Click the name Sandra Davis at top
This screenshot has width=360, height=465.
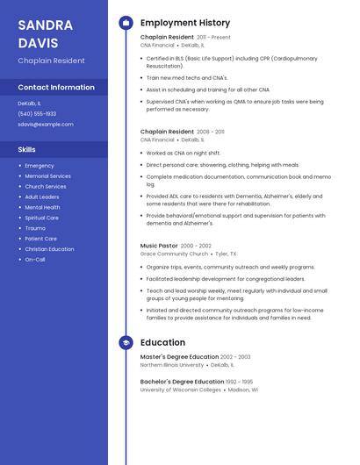pyautogui.click(x=45, y=33)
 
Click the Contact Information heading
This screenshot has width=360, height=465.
pyautogui.click(x=56, y=87)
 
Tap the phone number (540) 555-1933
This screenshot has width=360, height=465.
pyautogui.click(x=37, y=114)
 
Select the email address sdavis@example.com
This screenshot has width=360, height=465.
pyautogui.click(x=46, y=125)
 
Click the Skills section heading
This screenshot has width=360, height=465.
pyautogui.click(x=27, y=149)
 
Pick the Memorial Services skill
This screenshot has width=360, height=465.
pyautogui.click(x=47, y=175)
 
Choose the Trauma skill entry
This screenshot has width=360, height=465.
pyautogui.click(x=35, y=228)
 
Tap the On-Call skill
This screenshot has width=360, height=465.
pyautogui.click(x=35, y=259)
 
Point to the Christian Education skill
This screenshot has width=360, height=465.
pyautogui.click(x=49, y=248)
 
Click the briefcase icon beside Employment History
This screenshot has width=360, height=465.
pyautogui.click(x=126, y=23)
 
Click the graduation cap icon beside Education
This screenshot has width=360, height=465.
pyautogui.click(x=126, y=343)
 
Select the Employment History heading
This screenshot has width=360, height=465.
pyautogui.click(x=185, y=23)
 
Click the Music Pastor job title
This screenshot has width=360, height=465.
pyautogui.click(x=159, y=246)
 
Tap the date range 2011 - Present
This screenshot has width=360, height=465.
pyautogui.click(x=213, y=38)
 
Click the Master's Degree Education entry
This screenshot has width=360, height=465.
pyautogui.click(x=179, y=357)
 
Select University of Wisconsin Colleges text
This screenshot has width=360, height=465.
pyautogui.click(x=181, y=390)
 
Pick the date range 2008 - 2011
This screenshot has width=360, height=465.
pyautogui.click(x=211, y=132)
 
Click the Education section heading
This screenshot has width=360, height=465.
pyautogui.click(x=162, y=343)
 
